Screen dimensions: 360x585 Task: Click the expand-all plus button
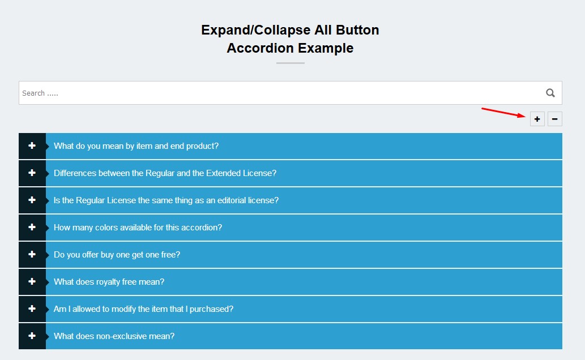coord(537,119)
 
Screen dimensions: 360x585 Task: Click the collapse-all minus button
coord(555,119)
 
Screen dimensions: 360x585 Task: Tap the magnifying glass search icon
coord(550,93)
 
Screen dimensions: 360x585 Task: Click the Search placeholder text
coord(40,93)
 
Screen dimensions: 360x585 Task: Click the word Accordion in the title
coord(261,48)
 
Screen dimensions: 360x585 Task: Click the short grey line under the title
coord(290,63)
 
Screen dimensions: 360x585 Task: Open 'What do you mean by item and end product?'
coord(136,146)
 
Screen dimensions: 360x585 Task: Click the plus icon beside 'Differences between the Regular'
coord(32,173)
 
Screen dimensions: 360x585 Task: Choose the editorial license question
coord(166,200)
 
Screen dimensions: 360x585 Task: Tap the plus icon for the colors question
coord(32,228)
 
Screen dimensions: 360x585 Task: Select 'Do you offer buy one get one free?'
coord(117,255)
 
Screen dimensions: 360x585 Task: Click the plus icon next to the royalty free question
coord(32,282)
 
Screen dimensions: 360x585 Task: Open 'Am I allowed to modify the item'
coord(143,309)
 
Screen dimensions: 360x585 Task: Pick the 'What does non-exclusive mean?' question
coord(114,336)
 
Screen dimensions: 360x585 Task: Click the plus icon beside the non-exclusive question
coord(32,336)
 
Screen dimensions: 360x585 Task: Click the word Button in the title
coord(356,30)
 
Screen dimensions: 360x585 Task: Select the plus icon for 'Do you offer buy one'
coord(32,255)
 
